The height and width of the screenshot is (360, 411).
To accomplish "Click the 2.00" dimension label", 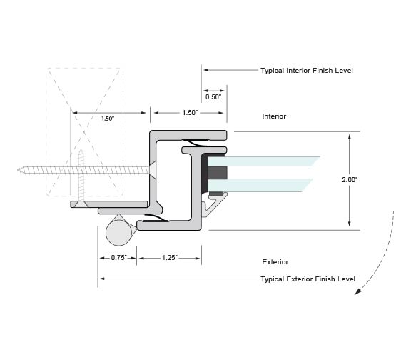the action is point(350,180).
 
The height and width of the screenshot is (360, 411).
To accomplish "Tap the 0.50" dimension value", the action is point(213,97).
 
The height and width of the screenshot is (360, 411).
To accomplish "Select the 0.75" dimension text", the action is point(118,258).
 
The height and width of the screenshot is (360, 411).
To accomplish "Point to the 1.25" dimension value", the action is point(170,258).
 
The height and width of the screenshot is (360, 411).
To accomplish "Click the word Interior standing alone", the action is point(274,116).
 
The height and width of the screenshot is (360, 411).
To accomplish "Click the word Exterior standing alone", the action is point(275,262).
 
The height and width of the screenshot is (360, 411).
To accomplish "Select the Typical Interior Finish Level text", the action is point(307,71).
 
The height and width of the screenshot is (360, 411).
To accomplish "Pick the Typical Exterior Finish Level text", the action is point(308,279).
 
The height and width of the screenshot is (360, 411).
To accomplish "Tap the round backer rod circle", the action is point(118,233).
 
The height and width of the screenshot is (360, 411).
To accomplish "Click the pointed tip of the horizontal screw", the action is point(18,170).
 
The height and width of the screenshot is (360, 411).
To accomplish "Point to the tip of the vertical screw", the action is point(81,150).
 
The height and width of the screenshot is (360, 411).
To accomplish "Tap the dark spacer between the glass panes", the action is point(218,172).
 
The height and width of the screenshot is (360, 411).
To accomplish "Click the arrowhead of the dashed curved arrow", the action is point(358,291).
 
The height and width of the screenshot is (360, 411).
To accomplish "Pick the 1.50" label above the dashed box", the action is point(108,119).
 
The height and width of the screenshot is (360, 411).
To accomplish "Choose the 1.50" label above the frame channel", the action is point(190,113).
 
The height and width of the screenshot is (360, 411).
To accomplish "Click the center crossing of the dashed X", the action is point(84,132).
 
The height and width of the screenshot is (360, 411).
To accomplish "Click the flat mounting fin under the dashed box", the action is point(108,204).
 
